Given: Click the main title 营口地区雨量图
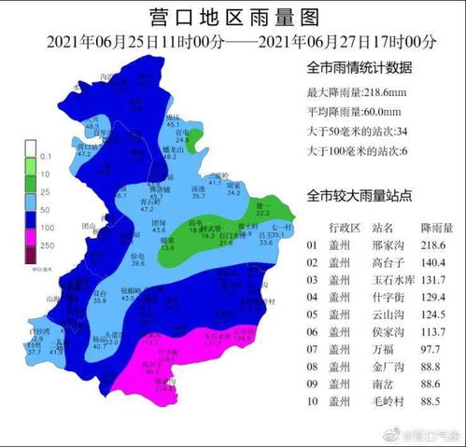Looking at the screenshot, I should click(x=234, y=16).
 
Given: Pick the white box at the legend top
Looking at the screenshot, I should click(x=31, y=147).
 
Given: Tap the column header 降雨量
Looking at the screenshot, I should click(x=435, y=228).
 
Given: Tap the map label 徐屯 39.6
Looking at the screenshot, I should click(x=137, y=258).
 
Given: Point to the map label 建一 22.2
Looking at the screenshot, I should click(x=263, y=208).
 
